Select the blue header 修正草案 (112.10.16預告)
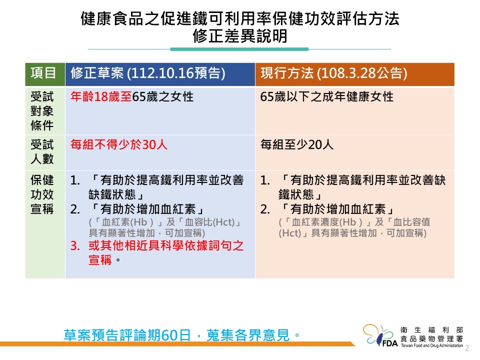160,74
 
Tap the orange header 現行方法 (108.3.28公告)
355,74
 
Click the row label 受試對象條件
42,111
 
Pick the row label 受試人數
42,152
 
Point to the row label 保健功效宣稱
42,194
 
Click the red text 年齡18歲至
101,96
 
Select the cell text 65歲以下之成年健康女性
326,96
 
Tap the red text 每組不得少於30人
119,144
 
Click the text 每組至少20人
296,144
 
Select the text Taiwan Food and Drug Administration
432,345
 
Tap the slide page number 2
467,348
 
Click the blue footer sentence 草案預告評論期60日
127,335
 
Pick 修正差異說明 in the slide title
240,36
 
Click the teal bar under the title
239,49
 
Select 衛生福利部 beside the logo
431,330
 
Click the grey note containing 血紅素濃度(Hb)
354,227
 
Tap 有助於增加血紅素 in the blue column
148,209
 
